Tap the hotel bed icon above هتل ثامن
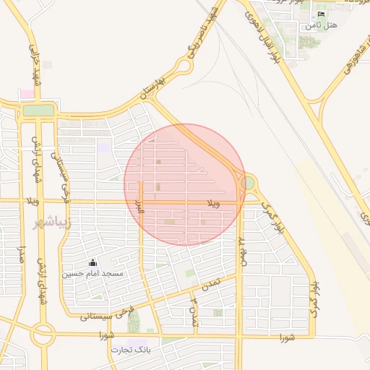click(x=322, y=14)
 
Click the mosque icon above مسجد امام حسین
click(x=92, y=264)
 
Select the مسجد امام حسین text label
click(x=92, y=275)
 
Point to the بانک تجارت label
click(x=130, y=350)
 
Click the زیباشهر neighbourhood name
click(x=53, y=223)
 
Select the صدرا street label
click(x=22, y=256)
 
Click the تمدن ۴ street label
click(x=193, y=309)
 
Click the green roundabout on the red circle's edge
click(x=248, y=184)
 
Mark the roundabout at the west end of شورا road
click(x=43, y=334)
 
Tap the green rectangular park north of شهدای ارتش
click(x=39, y=111)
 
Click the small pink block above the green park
click(x=27, y=94)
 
